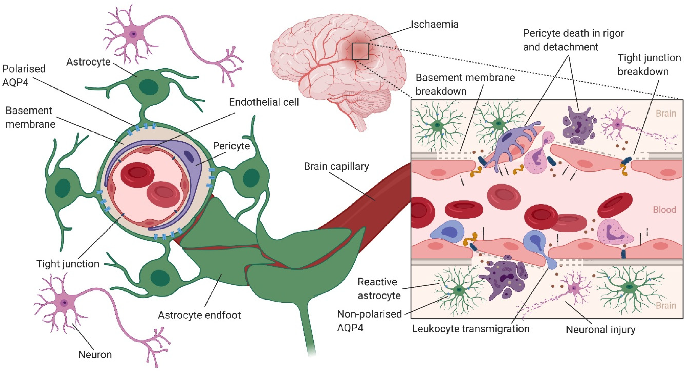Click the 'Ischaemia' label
435,24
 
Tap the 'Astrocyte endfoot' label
199,315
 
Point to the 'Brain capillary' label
336,166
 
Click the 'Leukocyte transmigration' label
471,329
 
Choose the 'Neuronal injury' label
600,330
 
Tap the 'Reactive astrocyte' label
379,289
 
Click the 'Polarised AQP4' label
24,75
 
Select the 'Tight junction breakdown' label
649,64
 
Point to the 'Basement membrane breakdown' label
465,84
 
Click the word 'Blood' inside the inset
664,210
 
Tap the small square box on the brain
360,51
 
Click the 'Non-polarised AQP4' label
369,321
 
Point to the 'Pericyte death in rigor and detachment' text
573,40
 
